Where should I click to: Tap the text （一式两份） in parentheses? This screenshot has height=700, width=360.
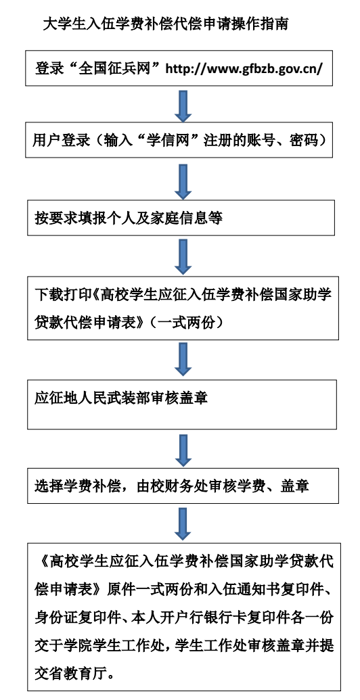pos(187,322)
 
